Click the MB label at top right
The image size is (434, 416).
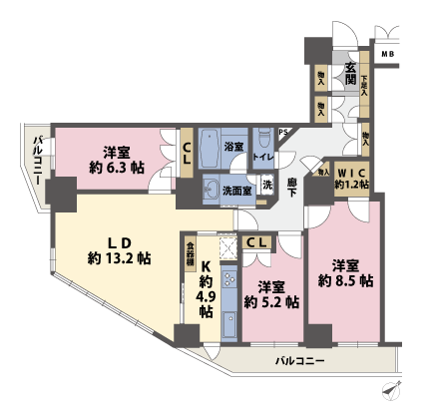click(387, 53)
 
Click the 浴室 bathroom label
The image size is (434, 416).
click(233, 146)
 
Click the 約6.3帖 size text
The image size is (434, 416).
click(117, 168)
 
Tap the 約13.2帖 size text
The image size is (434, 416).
click(119, 258)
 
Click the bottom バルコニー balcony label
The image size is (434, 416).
click(299, 360)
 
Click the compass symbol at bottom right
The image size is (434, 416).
click(390, 391)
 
